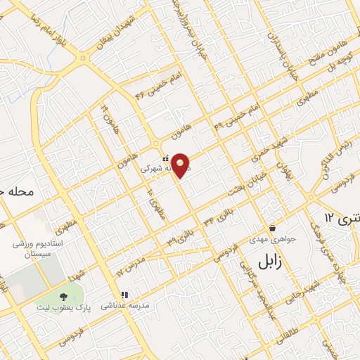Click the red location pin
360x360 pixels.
coord(181,165)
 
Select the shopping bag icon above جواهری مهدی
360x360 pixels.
coord(272,228)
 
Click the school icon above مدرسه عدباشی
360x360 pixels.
coord(124,295)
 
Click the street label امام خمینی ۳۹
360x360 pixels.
coord(231,117)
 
